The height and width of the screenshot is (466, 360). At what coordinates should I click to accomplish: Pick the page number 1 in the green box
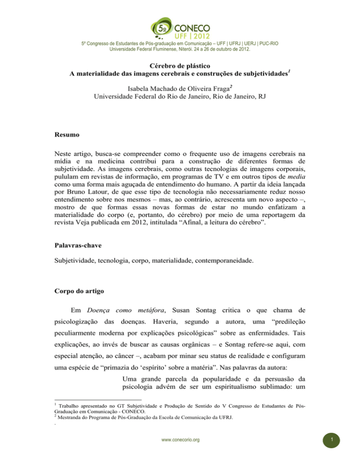[344, 453]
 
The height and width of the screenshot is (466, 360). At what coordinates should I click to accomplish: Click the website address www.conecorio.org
[180, 453]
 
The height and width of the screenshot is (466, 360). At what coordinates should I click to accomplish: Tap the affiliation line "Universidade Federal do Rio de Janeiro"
[180, 97]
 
